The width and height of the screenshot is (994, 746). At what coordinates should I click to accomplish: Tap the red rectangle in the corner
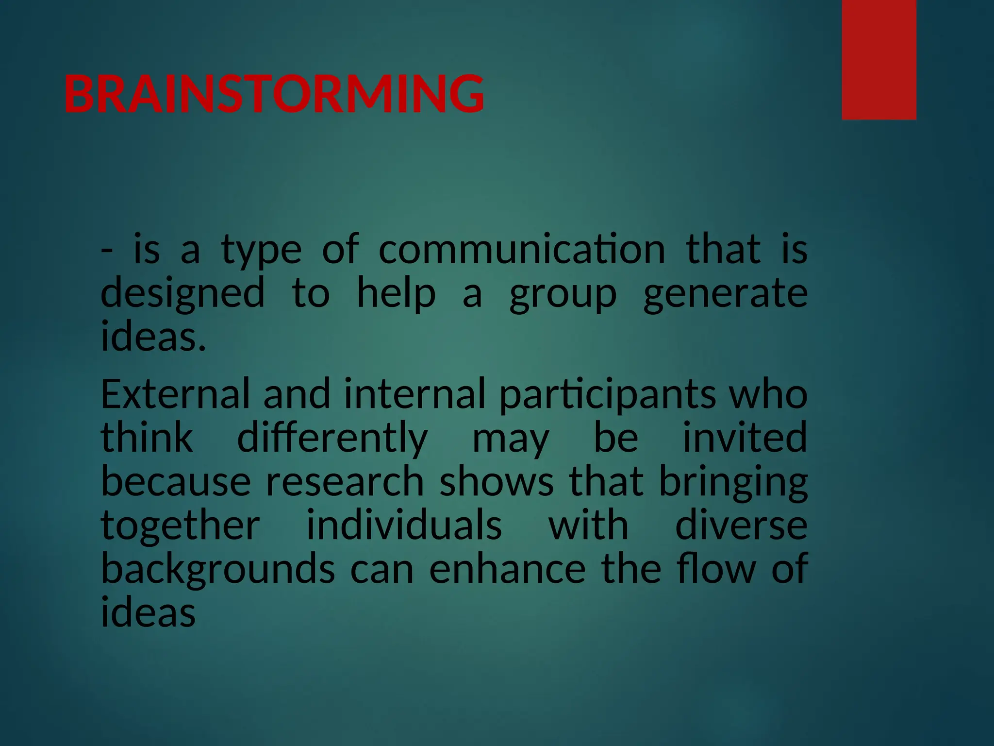pos(878,59)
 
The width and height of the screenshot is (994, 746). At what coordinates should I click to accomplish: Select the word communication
pos(521,249)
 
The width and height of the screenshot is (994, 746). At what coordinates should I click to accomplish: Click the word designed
pos(182,294)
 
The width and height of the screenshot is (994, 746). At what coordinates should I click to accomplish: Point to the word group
pos(563,294)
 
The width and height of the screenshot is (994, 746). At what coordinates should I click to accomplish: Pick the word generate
pos(725,294)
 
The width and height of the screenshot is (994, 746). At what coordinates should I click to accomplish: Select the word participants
pos(607,394)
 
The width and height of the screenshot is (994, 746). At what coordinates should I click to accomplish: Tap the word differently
pos(332,438)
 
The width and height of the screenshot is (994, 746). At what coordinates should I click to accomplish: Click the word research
pos(345,481)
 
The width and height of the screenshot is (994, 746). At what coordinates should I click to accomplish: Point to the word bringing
pos(733,482)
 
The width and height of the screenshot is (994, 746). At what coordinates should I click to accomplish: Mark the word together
pos(180,526)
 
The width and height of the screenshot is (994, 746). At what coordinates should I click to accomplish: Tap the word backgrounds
pos(217,569)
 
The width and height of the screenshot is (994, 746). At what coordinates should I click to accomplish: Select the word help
pos(396,294)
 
